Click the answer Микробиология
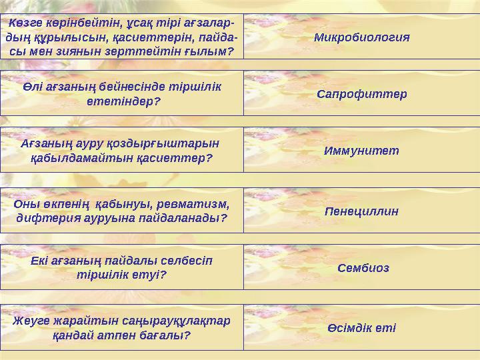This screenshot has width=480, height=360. [x=361, y=36]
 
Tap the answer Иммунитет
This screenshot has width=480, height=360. [x=361, y=151]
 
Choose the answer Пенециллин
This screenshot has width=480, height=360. [x=361, y=211]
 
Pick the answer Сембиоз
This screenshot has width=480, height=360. [x=363, y=268]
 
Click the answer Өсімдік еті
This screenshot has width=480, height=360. [x=361, y=327]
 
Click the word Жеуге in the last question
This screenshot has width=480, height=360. [x=29, y=320]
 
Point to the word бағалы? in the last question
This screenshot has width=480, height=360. [x=163, y=335]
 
